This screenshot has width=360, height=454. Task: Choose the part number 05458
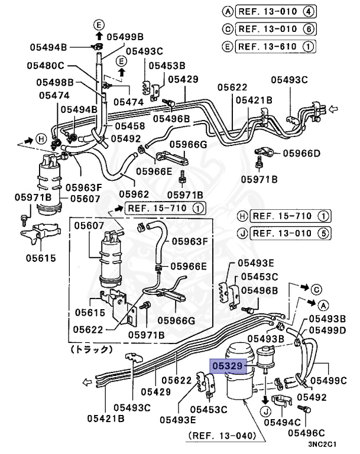[x=130, y=126]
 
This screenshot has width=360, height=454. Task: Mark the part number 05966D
[x=301, y=153]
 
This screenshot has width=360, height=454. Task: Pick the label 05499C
[x=329, y=380]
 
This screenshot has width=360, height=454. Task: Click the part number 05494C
[x=281, y=421]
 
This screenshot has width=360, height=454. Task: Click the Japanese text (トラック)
[x=91, y=349]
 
